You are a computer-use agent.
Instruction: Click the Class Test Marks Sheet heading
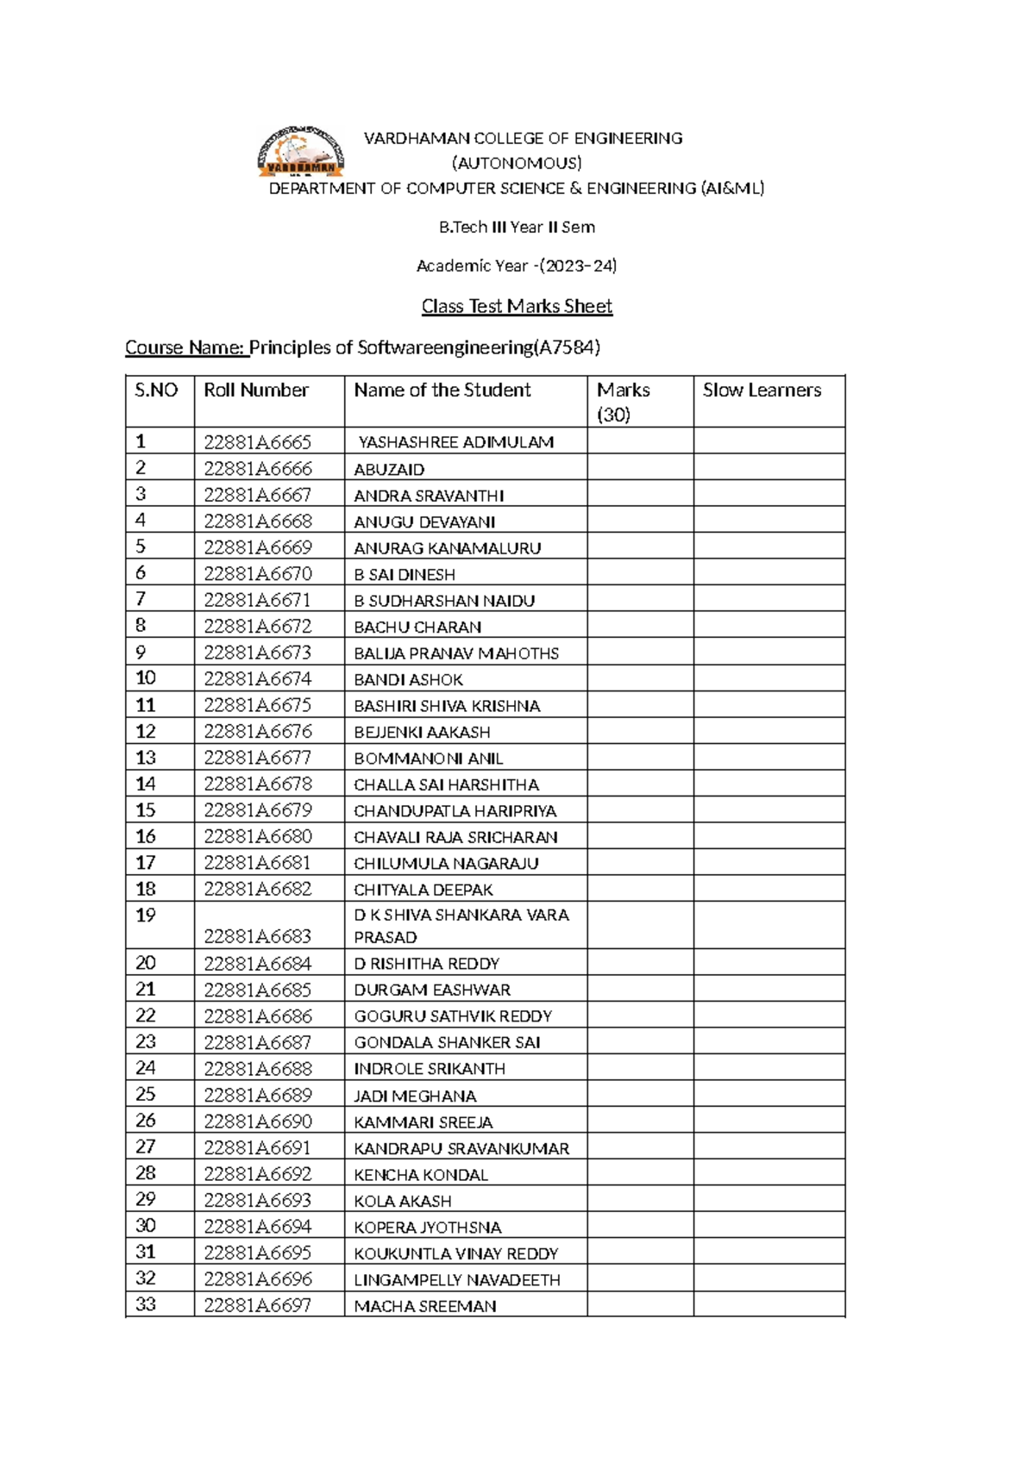pyautogui.click(x=517, y=306)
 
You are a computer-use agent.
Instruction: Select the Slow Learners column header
pyautogui.click(x=762, y=390)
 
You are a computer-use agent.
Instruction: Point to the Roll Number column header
pyautogui.click(x=256, y=390)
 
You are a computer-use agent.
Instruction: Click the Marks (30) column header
pyautogui.click(x=623, y=402)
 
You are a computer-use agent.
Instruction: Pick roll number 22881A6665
pyautogui.click(x=257, y=442)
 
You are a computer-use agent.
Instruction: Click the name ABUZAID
pyautogui.click(x=389, y=470)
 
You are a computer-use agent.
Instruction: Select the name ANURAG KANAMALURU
pyautogui.click(x=447, y=548)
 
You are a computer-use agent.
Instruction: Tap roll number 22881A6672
pyautogui.click(x=257, y=627)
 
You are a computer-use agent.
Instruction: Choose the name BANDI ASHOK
pyautogui.click(x=408, y=680)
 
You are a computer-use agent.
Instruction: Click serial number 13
pyautogui.click(x=146, y=758)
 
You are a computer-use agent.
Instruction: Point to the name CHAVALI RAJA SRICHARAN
pyautogui.click(x=455, y=837)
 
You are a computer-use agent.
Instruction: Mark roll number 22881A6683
pyautogui.click(x=257, y=936)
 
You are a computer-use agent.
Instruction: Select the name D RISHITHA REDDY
pyautogui.click(x=426, y=964)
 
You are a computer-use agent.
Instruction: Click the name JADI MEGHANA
pyautogui.click(x=415, y=1096)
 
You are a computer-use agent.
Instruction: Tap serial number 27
pyautogui.click(x=146, y=1147)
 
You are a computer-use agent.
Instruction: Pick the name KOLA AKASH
pyautogui.click(x=402, y=1201)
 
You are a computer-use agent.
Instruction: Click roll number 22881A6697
pyautogui.click(x=257, y=1306)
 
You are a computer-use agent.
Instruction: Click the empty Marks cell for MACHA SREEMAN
pyautogui.click(x=640, y=1305)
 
